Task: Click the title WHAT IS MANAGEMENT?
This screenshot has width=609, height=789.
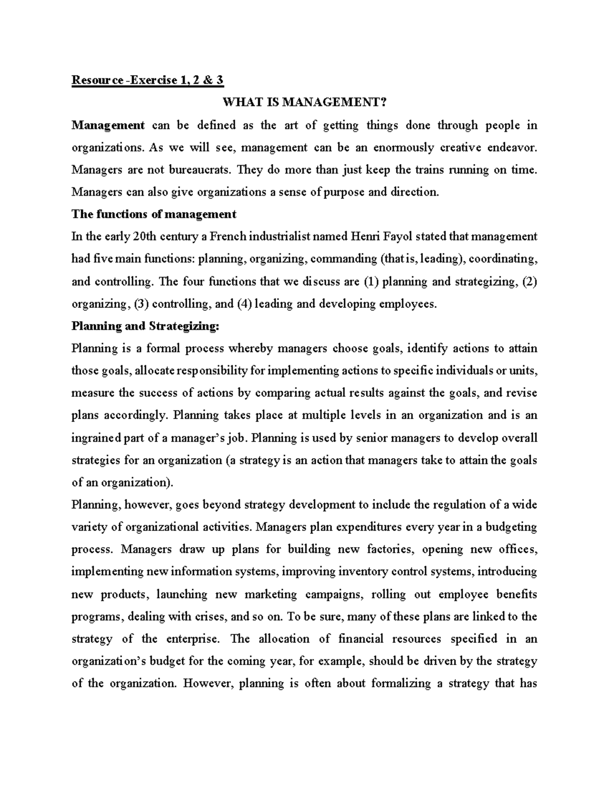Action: coord(304,103)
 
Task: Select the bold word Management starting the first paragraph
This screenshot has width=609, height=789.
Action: coord(108,125)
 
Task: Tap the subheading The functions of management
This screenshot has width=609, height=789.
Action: coord(153,214)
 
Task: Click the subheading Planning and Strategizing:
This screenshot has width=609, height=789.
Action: coord(146,326)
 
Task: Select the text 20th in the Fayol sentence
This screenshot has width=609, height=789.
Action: coord(144,237)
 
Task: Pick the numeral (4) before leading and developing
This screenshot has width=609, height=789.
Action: coord(243,304)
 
